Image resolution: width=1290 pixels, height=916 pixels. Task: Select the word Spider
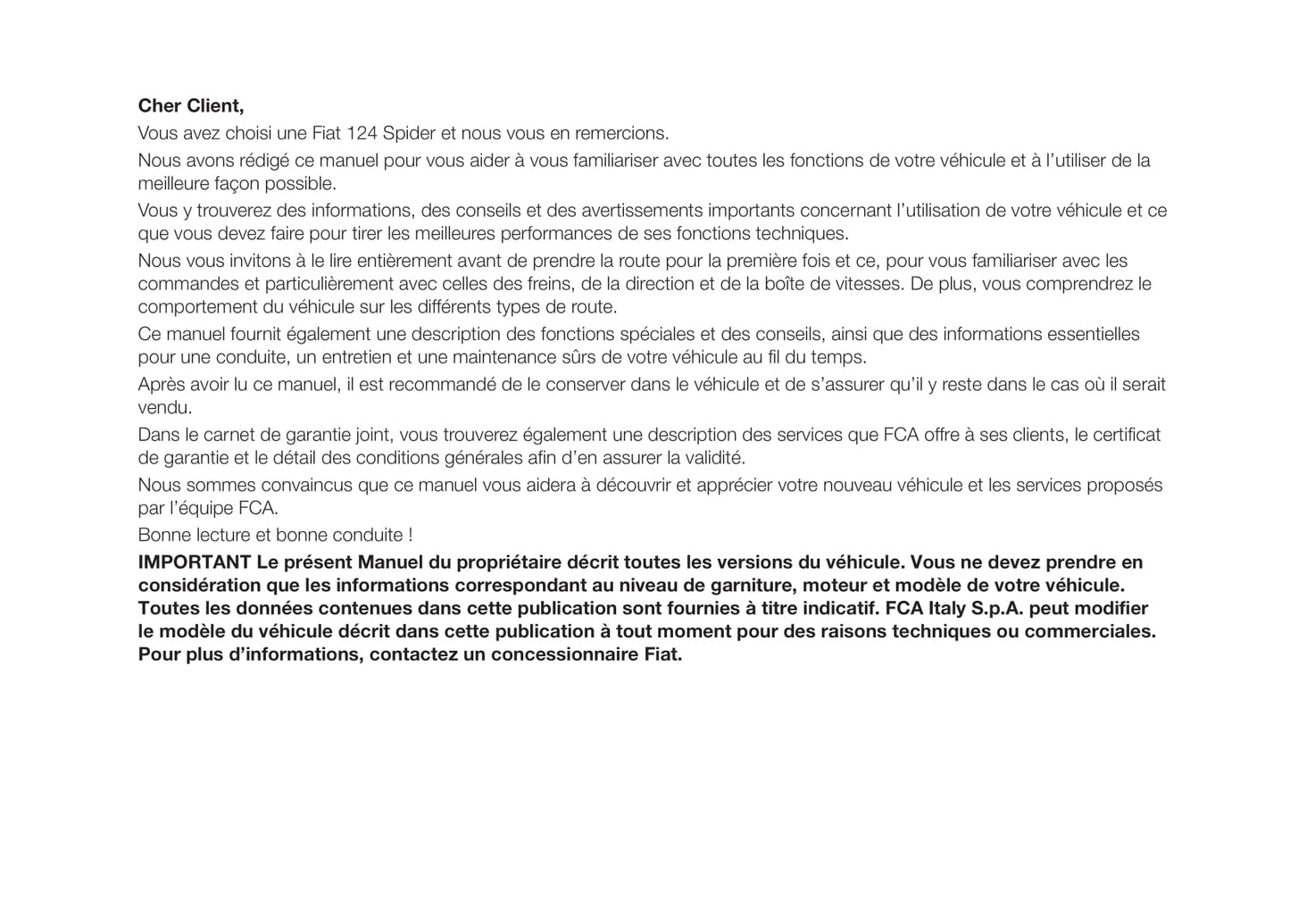pyautogui.click(x=409, y=134)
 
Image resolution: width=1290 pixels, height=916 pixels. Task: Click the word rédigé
pyautogui.click(x=263, y=161)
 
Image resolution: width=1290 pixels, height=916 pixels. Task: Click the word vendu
pyautogui.click(x=164, y=408)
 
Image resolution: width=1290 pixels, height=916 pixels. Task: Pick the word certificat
pyautogui.click(x=1127, y=435)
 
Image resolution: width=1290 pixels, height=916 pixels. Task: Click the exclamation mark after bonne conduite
pyautogui.click(x=410, y=536)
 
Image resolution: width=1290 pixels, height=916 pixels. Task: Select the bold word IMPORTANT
pyautogui.click(x=194, y=562)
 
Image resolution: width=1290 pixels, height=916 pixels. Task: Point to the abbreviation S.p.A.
pyautogui.click(x=995, y=609)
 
